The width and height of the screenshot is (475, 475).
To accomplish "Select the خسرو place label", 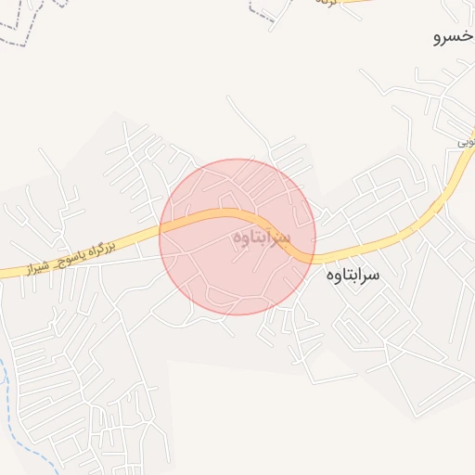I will pyautogui.click(x=452, y=38).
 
